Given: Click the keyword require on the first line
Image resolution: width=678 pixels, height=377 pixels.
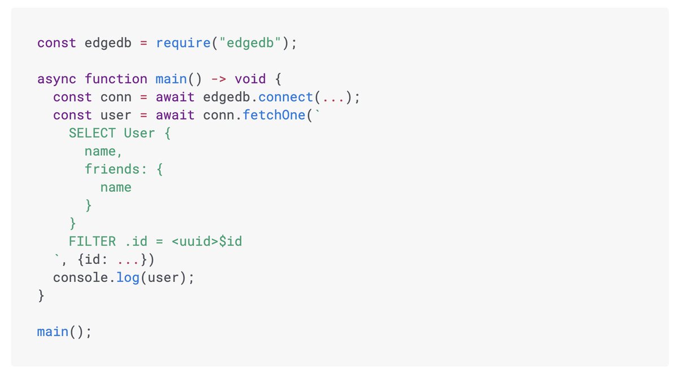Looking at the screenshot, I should point(179,43).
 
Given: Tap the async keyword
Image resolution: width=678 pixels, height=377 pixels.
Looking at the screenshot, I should point(56,79).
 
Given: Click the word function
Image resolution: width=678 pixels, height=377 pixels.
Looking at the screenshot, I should point(116,79).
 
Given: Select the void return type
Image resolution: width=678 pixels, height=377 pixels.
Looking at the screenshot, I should point(250,79).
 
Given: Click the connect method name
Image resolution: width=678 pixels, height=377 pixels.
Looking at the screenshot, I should point(286,97).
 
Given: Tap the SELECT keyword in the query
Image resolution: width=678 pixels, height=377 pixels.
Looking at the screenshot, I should point(92,133).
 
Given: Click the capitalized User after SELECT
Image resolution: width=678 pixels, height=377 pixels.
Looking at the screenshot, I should point(140,133).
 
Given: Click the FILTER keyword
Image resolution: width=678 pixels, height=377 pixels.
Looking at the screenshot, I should point(92,241).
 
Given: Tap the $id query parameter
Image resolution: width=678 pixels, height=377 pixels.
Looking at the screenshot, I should point(231,241).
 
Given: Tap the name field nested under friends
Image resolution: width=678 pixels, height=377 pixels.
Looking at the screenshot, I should point(116,187).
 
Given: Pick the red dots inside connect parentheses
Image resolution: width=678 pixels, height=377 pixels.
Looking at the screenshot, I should point(333,97).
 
